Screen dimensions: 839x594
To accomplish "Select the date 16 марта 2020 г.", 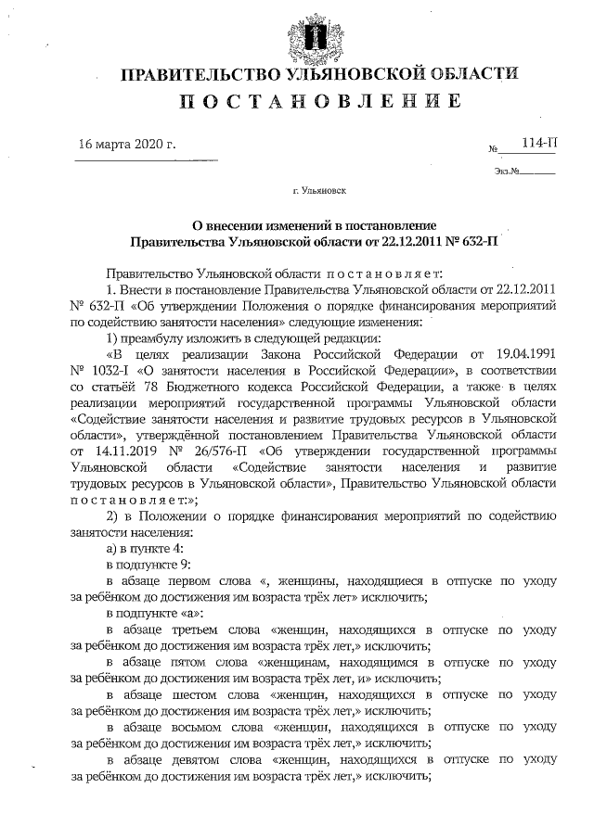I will click(x=127, y=145).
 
